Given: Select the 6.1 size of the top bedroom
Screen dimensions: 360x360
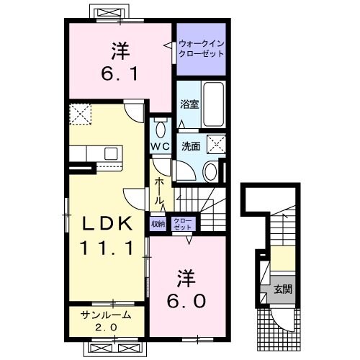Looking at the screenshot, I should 121,73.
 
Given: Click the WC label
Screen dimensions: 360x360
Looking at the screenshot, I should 160,145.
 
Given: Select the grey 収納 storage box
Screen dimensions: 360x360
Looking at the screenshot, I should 158,223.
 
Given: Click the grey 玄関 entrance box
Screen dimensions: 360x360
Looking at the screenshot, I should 278,290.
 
